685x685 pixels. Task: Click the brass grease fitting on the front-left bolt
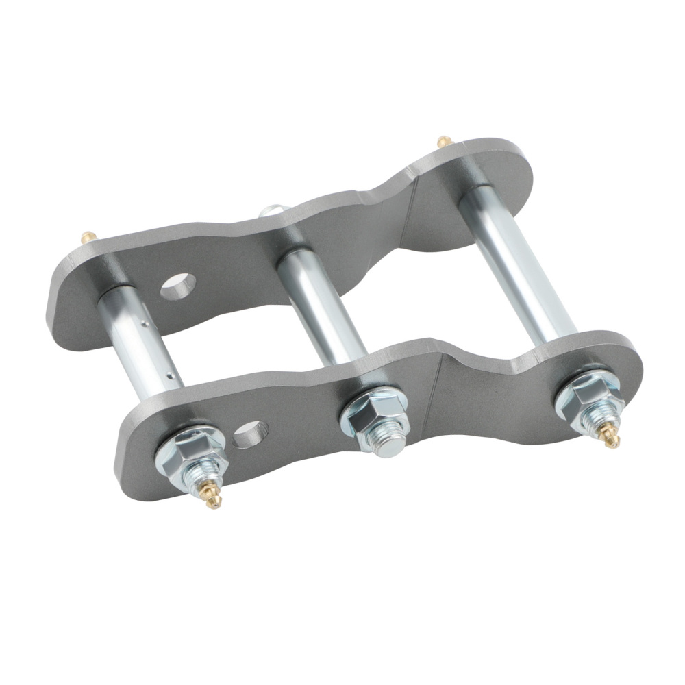(x=210, y=499)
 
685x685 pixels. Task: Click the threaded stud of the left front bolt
(x=202, y=477)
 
